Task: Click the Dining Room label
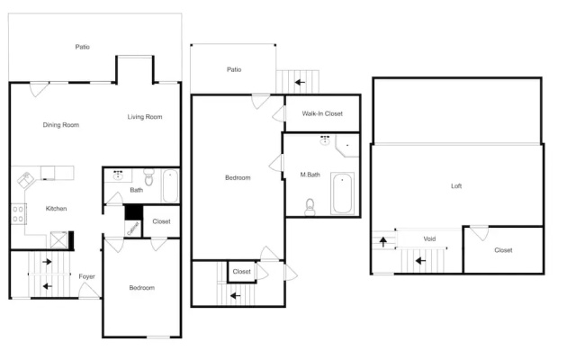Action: coord(61,125)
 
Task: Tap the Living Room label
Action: coord(145,117)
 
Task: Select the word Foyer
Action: coord(86,276)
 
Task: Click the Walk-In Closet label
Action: coord(322,114)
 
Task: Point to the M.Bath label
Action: coord(310,175)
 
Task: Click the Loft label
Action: coord(456,186)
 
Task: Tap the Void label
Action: coord(429,238)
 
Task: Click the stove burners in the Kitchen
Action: coord(18,214)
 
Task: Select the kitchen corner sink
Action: coord(25,180)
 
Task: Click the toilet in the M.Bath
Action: coord(310,208)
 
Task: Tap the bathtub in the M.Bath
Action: coord(342,193)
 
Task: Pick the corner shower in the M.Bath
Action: coord(347,146)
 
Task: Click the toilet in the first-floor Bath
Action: coord(148,177)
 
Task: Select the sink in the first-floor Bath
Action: coord(118,175)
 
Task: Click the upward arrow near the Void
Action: coord(383,242)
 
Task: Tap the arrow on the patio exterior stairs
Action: coord(300,82)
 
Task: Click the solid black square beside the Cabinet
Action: coord(134,212)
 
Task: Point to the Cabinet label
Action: coord(132,229)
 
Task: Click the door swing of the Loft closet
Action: coord(480,233)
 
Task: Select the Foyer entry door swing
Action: coord(88,290)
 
